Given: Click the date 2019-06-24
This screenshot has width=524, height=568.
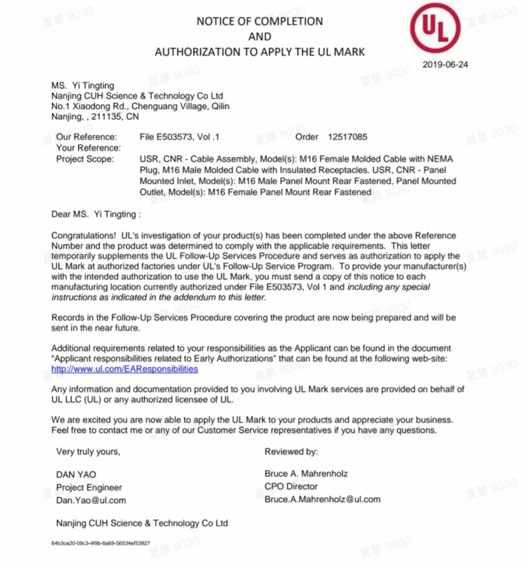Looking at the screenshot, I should coord(444,65).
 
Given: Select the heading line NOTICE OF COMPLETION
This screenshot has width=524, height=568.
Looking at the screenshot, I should coord(260,21).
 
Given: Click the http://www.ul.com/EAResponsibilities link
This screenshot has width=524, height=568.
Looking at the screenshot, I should coord(125,369).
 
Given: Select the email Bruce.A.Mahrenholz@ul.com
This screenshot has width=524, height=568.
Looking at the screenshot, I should coord(322,499).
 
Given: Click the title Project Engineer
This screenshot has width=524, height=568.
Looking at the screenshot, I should coord(89,487).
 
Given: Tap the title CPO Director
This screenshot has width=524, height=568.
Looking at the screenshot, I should coord(291,486).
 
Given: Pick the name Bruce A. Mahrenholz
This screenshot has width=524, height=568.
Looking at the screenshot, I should coord(306,474).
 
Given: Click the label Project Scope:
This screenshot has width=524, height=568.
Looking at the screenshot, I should coord(84,159).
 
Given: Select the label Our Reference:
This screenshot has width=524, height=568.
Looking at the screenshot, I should coord(86,136).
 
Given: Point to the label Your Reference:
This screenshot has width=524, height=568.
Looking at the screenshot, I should coord(88,148).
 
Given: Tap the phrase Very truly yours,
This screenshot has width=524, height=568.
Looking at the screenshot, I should coord(88,451).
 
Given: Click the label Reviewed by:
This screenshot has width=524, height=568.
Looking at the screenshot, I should coord(291,451).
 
